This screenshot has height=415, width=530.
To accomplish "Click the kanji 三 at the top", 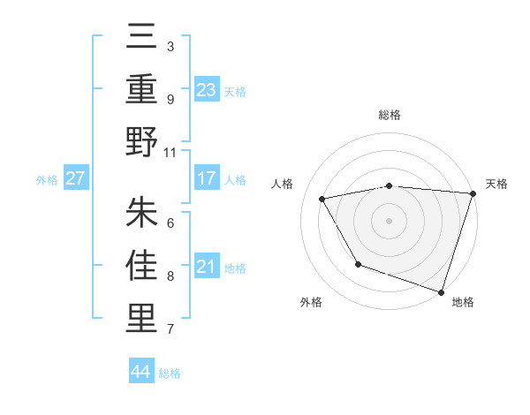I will pos(142,39).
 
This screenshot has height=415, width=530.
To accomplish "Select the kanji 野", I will pos(142,142).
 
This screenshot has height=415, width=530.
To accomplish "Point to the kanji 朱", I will pos(142,213).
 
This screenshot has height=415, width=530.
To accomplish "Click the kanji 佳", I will pos(142,266).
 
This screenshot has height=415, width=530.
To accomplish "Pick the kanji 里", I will pos(142,319).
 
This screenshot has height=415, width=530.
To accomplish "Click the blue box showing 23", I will pos(206,90).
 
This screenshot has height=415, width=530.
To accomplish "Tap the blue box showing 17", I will pos(206,179).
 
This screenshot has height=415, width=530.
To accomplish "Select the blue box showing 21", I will pos(206,268).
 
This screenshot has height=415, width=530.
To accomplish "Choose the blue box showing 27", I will pos(76,179).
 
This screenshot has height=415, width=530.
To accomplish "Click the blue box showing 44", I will pos(141,372).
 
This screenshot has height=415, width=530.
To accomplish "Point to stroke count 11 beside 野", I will pos(170,152).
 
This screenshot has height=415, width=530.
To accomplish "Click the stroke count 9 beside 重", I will pos(170,99).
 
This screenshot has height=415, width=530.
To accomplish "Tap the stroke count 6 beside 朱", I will pos(170,223).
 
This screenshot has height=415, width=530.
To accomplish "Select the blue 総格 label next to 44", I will pos(170,373).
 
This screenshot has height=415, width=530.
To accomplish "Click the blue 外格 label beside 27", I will pos(47,180).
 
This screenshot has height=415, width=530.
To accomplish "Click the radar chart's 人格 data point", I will pos(322,199).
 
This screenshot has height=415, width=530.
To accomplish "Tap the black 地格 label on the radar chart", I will pos(463,302).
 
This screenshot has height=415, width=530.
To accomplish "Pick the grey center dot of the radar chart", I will pos(389,220).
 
